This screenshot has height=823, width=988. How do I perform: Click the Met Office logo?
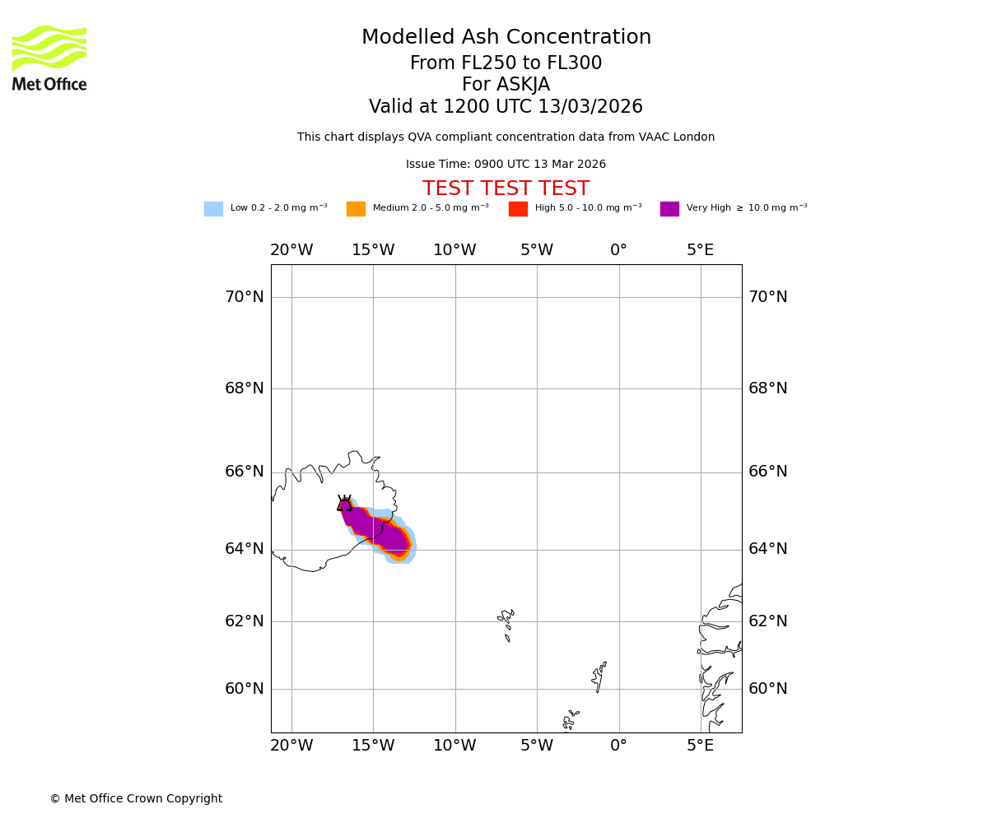click(x=49, y=58)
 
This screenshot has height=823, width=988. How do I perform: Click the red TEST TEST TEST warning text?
click(x=506, y=189)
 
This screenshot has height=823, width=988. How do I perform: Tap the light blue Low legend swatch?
click(x=213, y=209)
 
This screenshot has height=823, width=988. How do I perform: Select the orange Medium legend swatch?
click(x=356, y=209)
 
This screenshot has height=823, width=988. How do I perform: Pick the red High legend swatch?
click(x=518, y=209)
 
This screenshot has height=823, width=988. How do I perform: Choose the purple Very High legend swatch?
click(x=669, y=209)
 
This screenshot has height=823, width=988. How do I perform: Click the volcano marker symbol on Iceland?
click(x=344, y=504)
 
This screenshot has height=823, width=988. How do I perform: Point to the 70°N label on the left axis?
click(x=245, y=297)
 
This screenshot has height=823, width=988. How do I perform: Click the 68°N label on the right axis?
click(x=767, y=388)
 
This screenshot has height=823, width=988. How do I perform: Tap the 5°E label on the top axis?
click(x=701, y=250)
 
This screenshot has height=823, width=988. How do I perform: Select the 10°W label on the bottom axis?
click(x=454, y=746)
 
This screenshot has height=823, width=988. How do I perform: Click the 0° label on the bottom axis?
click(x=618, y=746)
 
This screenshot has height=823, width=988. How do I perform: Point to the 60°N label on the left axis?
click(x=245, y=689)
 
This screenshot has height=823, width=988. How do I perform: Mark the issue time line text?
click(x=506, y=165)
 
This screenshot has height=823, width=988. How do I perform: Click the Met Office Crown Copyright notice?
click(x=136, y=798)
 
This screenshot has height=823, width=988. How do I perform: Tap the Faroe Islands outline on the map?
click(x=506, y=624)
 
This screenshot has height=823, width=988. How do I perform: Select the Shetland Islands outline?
click(x=599, y=677)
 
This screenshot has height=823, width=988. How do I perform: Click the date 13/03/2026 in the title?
click(x=590, y=107)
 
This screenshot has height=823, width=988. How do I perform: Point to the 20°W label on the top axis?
click(x=291, y=250)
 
